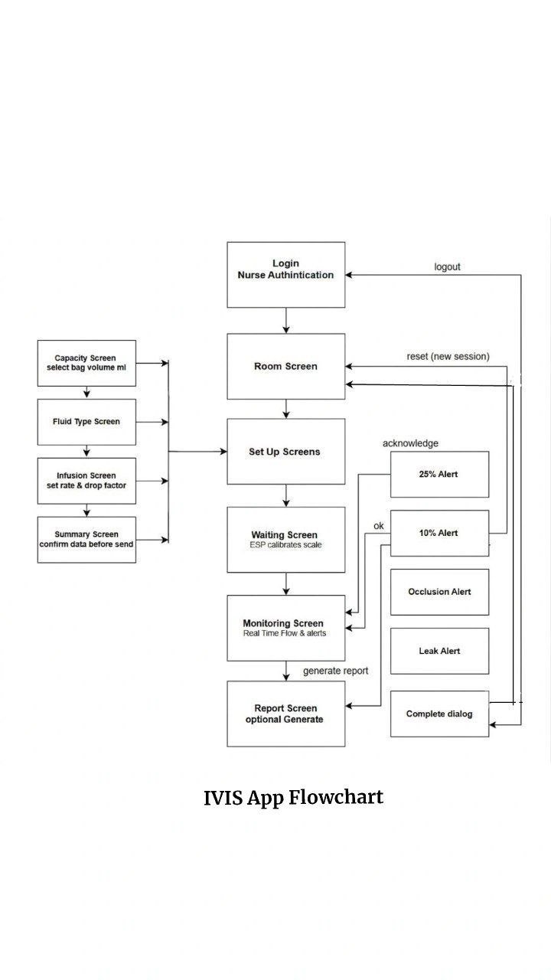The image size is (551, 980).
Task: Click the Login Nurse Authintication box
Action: click(x=286, y=275)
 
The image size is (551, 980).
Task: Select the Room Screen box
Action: click(x=286, y=366)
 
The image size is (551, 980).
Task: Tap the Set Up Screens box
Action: click(x=286, y=452)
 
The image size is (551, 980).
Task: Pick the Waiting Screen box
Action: click(x=286, y=540)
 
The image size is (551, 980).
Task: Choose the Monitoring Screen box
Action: click(x=286, y=628)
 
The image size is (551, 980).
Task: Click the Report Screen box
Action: click(x=286, y=714)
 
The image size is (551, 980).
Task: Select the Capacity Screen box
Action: click(x=86, y=363)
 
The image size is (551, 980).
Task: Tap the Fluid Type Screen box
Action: click(x=86, y=422)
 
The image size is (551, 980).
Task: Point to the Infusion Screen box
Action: click(x=86, y=481)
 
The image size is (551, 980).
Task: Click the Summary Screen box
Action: click(x=86, y=540)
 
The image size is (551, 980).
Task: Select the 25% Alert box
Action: click(x=439, y=474)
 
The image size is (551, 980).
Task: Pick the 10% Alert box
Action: click(x=439, y=534)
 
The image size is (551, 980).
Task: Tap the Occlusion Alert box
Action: click(x=439, y=592)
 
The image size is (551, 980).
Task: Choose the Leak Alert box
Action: click(x=439, y=651)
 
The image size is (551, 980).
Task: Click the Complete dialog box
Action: click(x=439, y=714)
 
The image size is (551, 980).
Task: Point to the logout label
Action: click(x=447, y=267)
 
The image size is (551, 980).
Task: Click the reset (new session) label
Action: click(x=448, y=357)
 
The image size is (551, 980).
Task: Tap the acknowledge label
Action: click(x=410, y=443)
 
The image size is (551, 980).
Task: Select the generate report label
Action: click(x=335, y=671)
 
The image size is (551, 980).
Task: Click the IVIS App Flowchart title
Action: click(x=293, y=798)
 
